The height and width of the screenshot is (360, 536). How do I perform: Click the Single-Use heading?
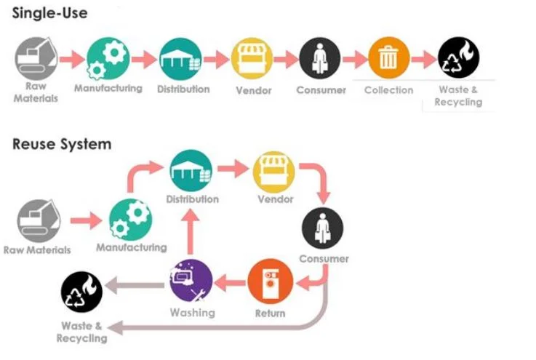coord(50,13)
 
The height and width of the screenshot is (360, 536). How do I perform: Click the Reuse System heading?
coord(62,144)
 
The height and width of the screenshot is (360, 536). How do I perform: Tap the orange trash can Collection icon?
coord(388,58)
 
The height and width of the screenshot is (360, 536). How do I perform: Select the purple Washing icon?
coord(191,281)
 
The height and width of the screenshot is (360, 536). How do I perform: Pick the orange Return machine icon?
coord(270,281)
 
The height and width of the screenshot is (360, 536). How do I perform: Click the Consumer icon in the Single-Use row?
coord(319,58)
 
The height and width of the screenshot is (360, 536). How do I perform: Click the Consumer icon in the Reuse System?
coord(322,228)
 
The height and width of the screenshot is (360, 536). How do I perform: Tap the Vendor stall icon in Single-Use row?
coord(252,58)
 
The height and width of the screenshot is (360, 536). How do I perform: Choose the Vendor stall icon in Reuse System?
coord(273,172)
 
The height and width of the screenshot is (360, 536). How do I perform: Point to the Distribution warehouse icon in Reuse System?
coord(191,171)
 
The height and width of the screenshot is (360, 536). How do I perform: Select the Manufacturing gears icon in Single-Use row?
coord(108,59)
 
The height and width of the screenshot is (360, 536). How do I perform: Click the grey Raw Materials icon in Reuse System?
coord(39,221)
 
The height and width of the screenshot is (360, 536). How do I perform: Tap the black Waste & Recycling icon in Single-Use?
coord(458,57)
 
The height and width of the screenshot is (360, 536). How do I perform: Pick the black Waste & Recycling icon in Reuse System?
coord(81,292)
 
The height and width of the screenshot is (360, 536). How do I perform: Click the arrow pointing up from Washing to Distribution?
coord(191,232)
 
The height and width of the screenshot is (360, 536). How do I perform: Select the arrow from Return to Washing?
coord(230,282)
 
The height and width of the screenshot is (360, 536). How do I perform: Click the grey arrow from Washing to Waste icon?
coord(135,286)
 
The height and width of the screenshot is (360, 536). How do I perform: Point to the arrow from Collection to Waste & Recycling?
coord(424,60)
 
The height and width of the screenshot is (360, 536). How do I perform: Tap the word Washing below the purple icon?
coord(193,313)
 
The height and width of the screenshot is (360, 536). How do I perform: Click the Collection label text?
coord(388,90)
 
